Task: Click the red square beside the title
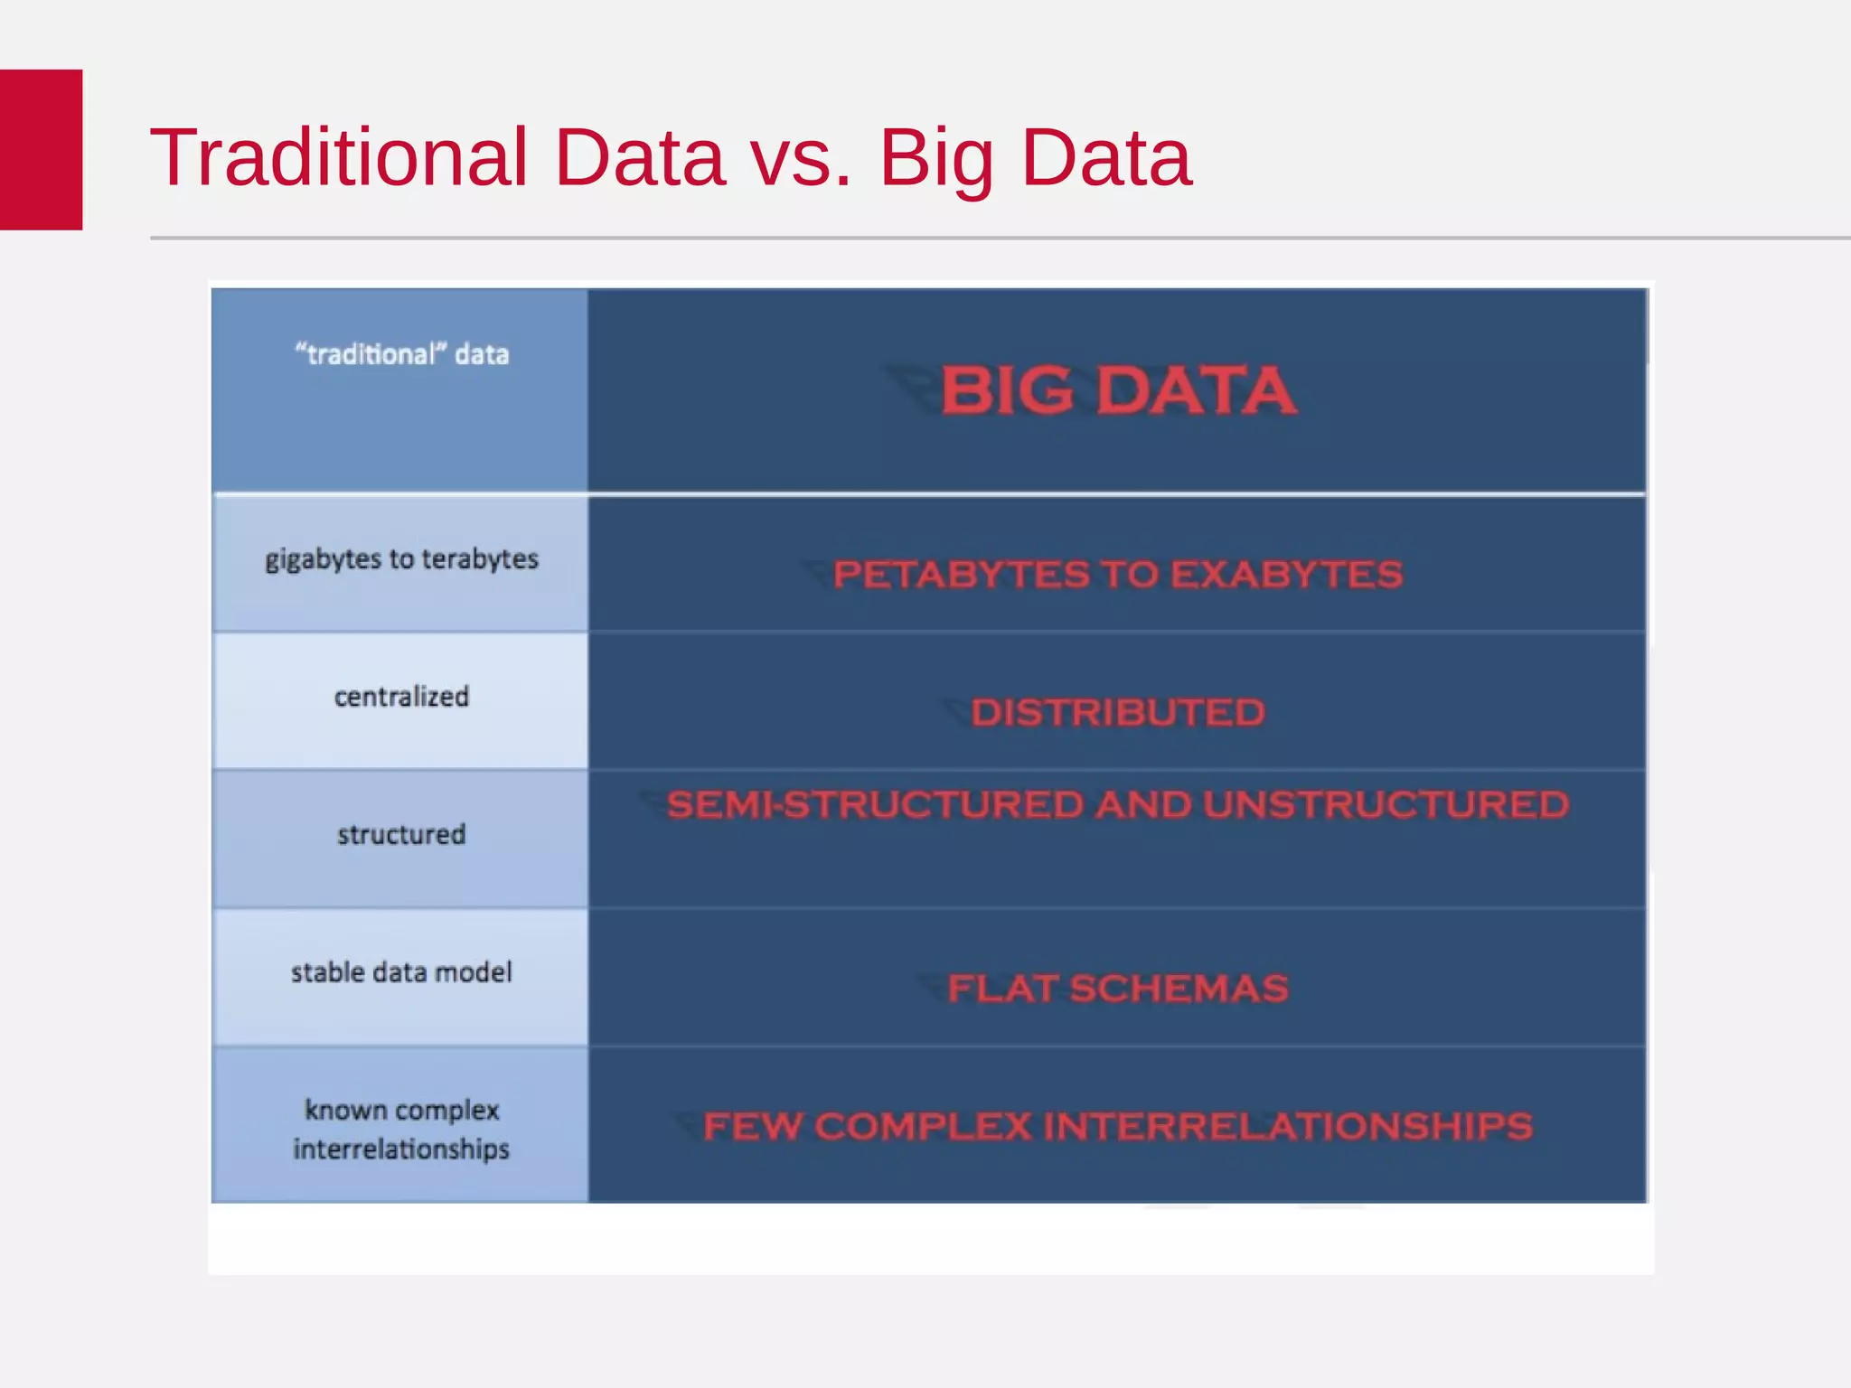tap(41, 149)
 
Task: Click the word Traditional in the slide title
tap(338, 157)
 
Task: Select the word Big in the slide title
tap(936, 159)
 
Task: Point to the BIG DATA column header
tap(1118, 390)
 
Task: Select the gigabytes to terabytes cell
tap(401, 559)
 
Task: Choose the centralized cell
tap(401, 697)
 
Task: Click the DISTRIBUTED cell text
tap(1118, 713)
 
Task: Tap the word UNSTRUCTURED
tap(1386, 805)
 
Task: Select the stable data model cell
tap(401, 972)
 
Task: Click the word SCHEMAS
tap(1179, 989)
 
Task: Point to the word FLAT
tap(1001, 989)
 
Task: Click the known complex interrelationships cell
tap(401, 1129)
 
